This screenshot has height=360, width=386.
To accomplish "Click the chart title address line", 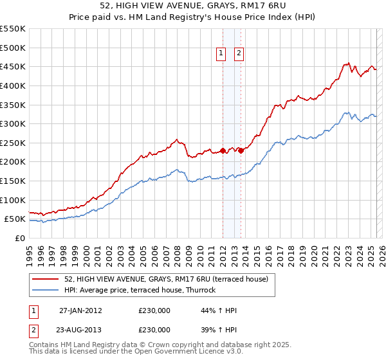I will coord(193,7).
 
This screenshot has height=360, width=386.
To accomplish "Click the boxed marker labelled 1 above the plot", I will coord(221,54).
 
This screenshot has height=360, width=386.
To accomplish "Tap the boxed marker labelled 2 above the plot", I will coord(239,54).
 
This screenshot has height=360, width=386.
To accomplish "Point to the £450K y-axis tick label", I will coord(13,66).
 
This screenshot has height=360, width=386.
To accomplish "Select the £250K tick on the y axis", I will coord(13,143).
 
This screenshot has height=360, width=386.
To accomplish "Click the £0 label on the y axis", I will coord(19,238).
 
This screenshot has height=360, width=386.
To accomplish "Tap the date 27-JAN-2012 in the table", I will coord(80,310).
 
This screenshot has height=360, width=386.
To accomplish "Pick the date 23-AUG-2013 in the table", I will coord(80,330).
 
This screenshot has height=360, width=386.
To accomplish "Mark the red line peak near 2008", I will coord(176,139).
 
